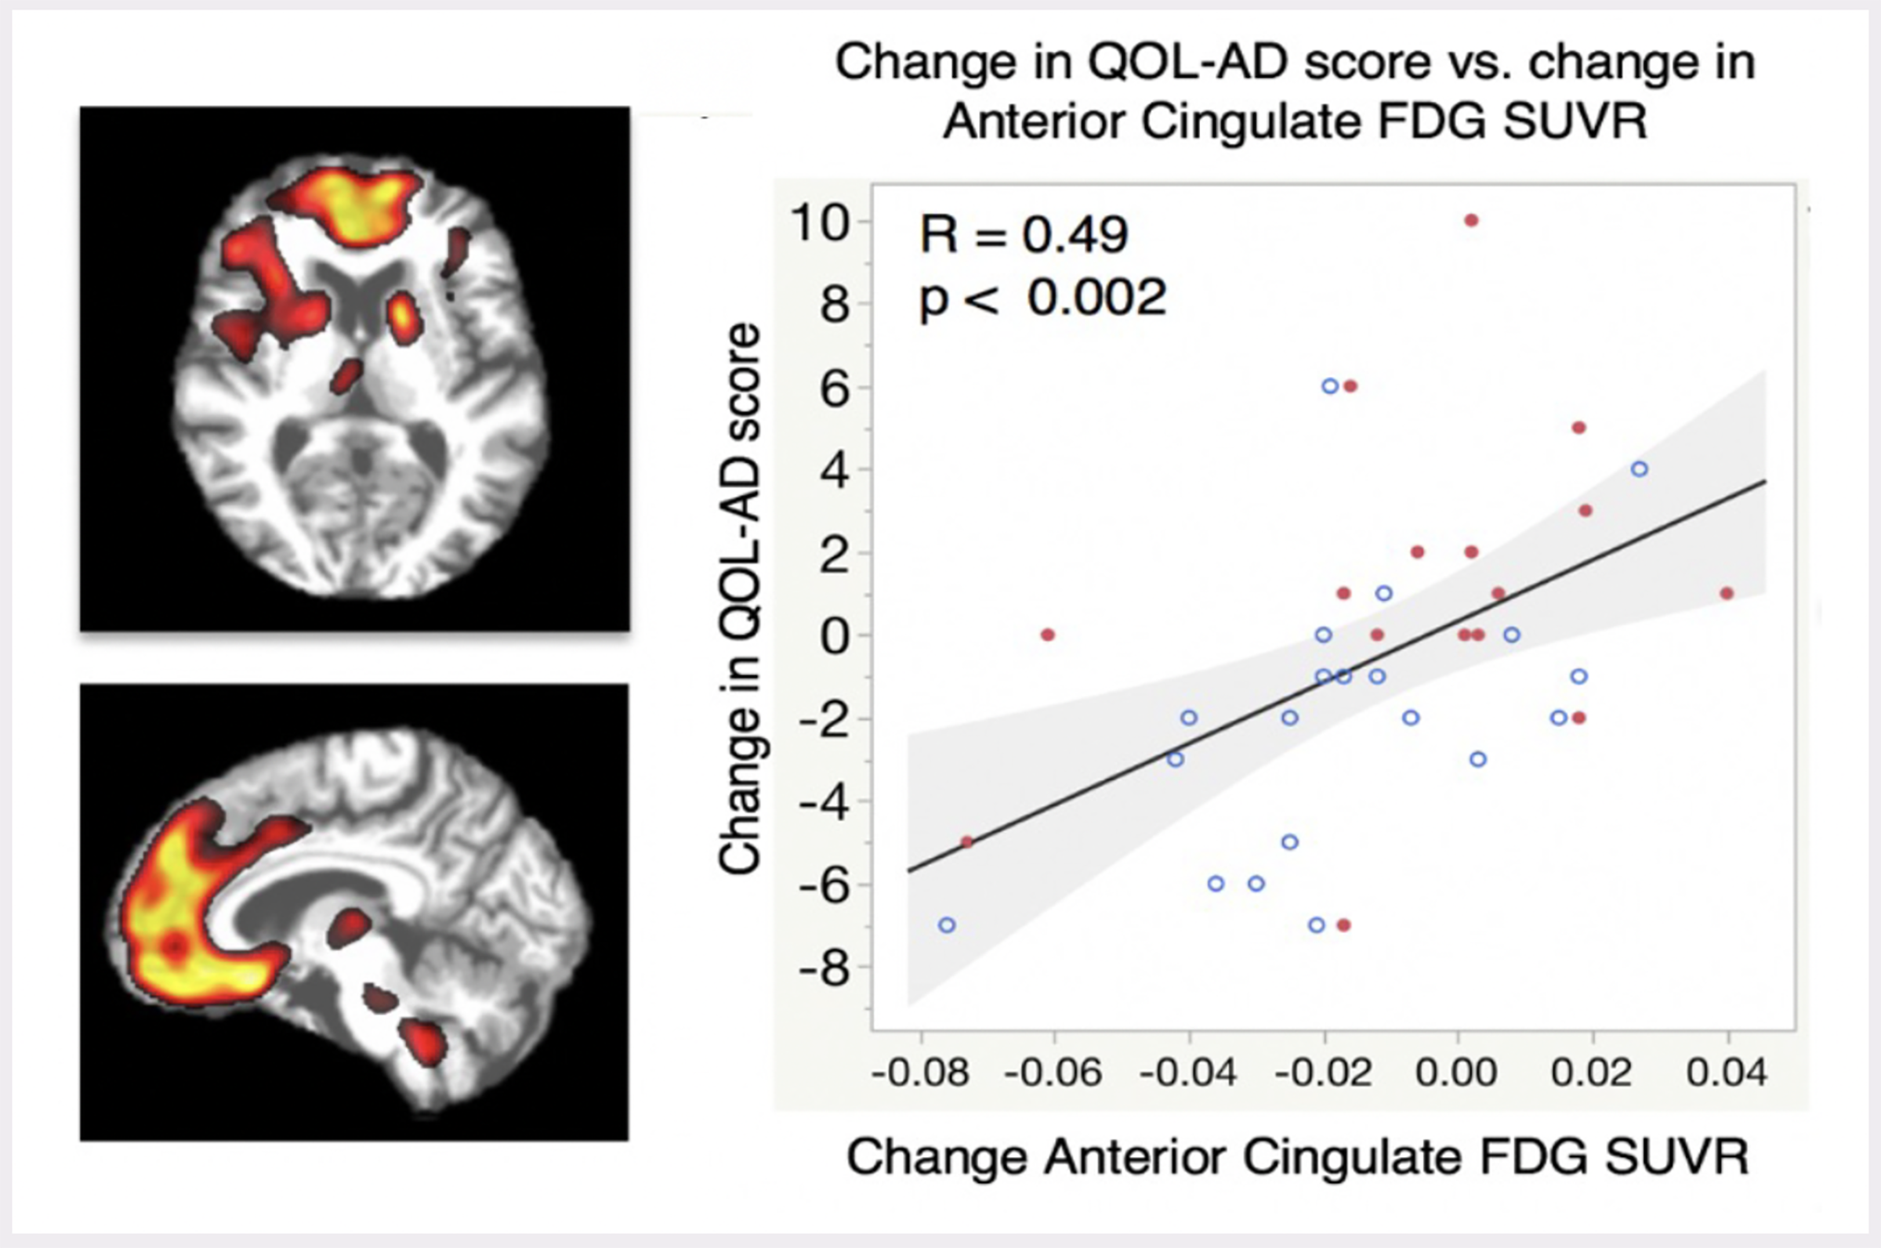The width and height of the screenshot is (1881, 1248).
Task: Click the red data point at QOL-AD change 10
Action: (x=1471, y=220)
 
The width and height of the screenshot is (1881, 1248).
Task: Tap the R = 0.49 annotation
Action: (x=1024, y=235)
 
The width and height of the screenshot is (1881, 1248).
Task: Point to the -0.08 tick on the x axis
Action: (x=921, y=1073)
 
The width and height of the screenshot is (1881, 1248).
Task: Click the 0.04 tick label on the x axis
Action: (x=1727, y=1073)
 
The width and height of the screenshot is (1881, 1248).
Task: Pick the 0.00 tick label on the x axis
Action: (x=1457, y=1073)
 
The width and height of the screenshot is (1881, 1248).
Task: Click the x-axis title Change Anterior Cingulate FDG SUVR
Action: (x=1297, y=1156)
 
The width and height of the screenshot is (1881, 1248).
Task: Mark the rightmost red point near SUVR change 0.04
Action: (x=1727, y=593)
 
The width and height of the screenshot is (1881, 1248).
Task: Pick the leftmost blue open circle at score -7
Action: (x=947, y=925)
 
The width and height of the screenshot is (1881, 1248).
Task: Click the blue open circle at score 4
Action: (x=1639, y=468)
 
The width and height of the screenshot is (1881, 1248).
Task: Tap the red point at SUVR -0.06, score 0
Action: (x=1048, y=635)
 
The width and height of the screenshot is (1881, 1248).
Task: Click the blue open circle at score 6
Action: (x=1330, y=386)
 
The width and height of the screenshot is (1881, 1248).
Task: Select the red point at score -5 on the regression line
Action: (x=967, y=841)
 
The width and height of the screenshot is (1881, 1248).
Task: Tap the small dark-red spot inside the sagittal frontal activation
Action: (x=174, y=945)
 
